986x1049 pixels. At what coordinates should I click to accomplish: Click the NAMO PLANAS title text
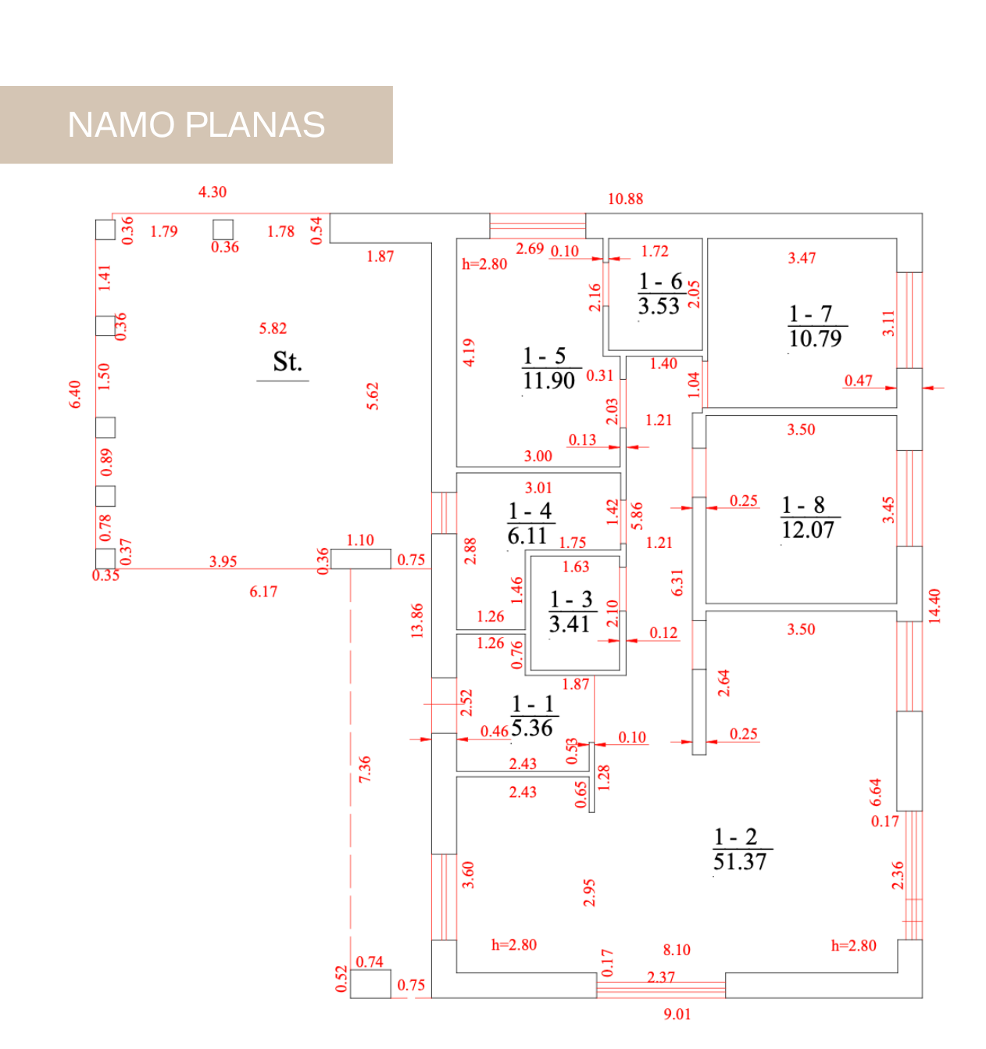(x=196, y=125)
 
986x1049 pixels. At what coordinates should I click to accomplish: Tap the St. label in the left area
(x=287, y=362)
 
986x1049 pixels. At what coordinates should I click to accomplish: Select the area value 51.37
(x=740, y=862)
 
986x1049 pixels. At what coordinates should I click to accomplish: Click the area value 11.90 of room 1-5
(x=548, y=381)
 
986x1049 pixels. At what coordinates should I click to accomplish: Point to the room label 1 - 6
(x=660, y=281)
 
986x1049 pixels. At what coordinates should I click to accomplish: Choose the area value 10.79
(x=815, y=339)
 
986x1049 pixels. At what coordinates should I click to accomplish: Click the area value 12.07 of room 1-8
(x=808, y=531)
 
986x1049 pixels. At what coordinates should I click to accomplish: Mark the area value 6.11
(x=527, y=536)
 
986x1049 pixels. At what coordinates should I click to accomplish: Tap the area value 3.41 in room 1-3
(x=569, y=625)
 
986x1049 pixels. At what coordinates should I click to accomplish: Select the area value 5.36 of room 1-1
(x=532, y=729)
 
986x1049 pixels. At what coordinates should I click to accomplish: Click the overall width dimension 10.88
(x=625, y=199)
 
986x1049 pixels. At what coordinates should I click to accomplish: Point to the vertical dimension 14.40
(x=934, y=606)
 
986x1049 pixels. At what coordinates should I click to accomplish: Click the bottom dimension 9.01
(x=677, y=1015)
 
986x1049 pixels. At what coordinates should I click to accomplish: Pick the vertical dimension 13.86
(x=417, y=621)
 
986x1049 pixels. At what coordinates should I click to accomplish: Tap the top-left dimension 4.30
(x=213, y=192)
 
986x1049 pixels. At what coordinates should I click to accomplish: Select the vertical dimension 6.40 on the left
(x=75, y=394)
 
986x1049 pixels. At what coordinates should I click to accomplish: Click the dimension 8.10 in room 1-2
(x=677, y=951)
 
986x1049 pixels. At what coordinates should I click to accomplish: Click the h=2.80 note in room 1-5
(x=484, y=264)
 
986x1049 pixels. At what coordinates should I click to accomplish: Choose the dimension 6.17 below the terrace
(x=263, y=592)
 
